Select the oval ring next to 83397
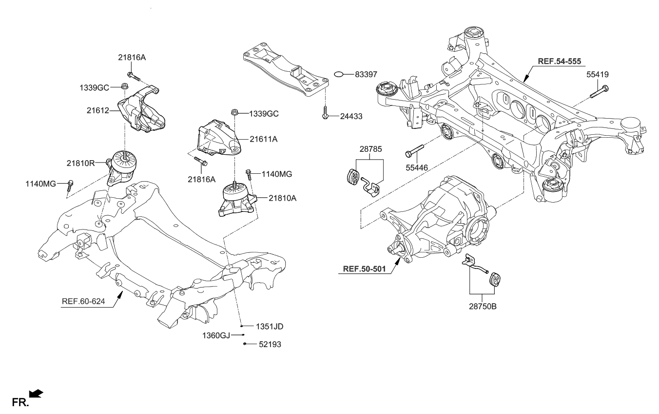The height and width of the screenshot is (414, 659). click(340, 74)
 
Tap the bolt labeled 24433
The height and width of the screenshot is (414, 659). click(324, 113)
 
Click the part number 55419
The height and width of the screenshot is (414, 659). click(597, 75)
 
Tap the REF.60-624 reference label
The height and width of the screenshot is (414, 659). click(83, 301)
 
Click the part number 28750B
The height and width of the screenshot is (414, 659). click(483, 307)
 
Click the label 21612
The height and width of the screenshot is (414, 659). click(97, 111)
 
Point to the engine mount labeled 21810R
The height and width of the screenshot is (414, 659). click(123, 167)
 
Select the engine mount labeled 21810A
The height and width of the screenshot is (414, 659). click(236, 200)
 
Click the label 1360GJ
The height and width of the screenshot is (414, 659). click(216, 335)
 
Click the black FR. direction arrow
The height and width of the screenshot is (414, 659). click(36, 393)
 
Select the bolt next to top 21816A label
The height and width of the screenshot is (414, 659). click(133, 76)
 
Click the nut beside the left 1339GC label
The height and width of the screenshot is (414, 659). click(124, 87)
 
